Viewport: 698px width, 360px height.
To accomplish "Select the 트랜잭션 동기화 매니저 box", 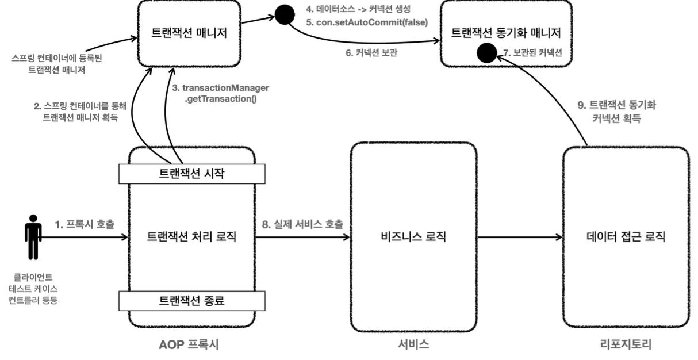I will pos(505,33).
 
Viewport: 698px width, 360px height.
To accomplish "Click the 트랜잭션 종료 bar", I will pos(192,300).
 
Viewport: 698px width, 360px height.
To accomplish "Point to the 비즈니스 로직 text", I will pos(415,236).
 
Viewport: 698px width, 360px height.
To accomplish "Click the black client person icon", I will pos(33,236).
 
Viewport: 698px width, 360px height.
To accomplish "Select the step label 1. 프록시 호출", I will pos(84,223).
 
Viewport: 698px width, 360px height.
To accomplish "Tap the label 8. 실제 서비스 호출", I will pos(304,223).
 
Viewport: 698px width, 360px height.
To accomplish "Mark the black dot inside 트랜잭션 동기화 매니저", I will pos(488,53).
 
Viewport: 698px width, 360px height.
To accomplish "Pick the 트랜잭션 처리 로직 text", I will pos(192,236).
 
